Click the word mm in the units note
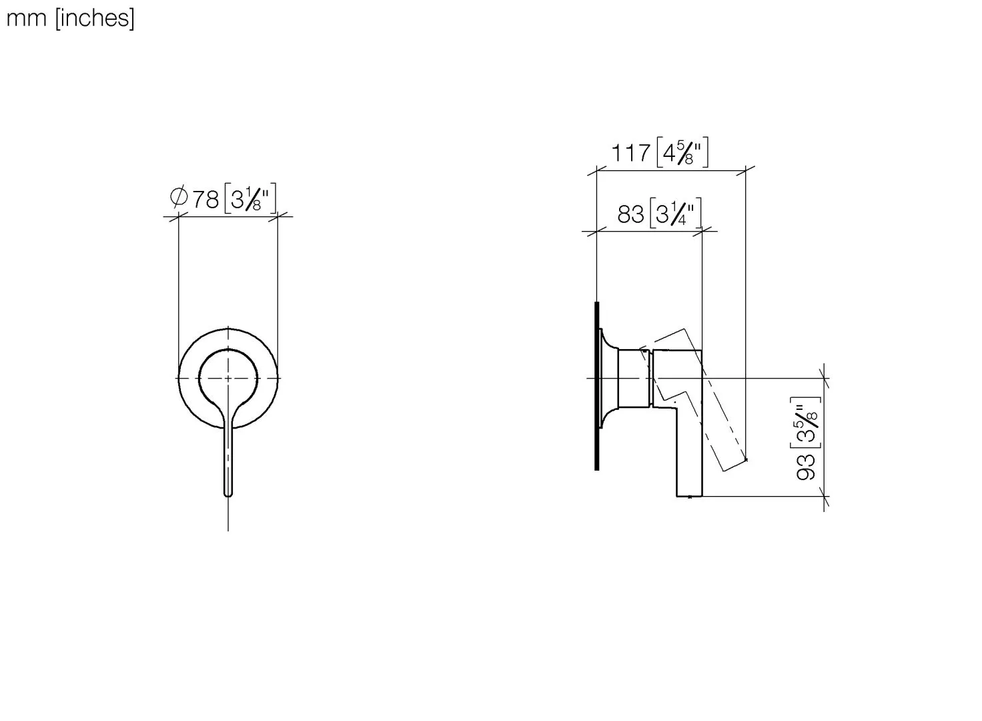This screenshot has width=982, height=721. point(26,19)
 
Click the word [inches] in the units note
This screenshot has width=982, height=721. point(95,19)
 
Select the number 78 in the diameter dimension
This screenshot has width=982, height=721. point(205,200)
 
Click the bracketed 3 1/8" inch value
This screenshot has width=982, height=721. point(250,199)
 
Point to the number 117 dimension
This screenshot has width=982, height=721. point(630,153)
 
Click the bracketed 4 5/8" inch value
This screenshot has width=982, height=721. point(682,152)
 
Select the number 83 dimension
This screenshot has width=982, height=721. point(631,214)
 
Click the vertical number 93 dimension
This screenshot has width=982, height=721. point(806,467)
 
